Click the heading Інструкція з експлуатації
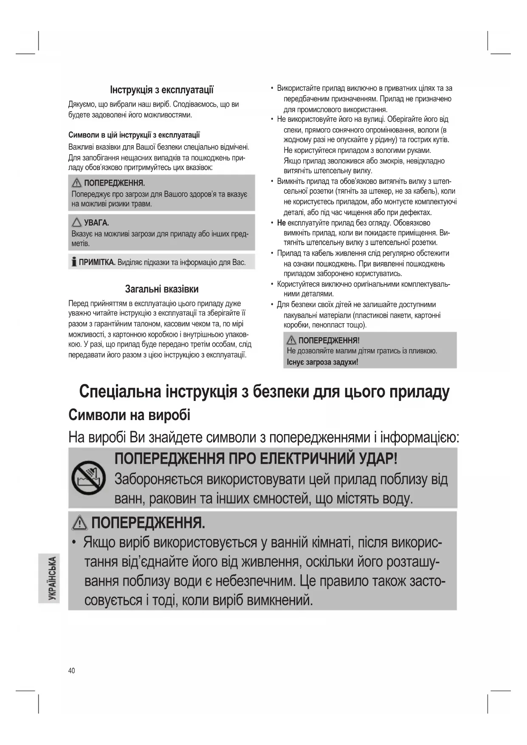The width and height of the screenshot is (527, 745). [162, 90]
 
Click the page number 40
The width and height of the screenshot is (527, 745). [71, 671]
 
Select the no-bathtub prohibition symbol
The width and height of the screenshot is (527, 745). [88, 477]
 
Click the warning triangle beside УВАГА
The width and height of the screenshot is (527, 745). [77, 223]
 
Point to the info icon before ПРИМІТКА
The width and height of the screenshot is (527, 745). [74, 262]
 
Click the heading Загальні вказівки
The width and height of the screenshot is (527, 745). [162, 289]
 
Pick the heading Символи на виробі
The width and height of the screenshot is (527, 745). [129, 415]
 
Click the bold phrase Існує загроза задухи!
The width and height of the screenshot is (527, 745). [322, 362]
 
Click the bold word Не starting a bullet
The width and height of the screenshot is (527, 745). [281, 223]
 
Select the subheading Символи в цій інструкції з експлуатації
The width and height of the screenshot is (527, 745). [134, 135]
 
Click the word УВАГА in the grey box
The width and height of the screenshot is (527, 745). [96, 223]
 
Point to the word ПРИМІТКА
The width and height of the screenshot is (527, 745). [97, 262]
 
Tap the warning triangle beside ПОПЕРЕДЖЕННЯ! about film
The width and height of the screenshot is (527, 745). [291, 340]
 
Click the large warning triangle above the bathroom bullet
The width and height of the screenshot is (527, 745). [80, 523]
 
